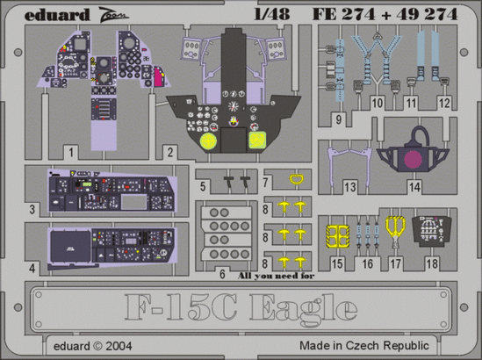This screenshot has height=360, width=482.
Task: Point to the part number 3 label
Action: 32,209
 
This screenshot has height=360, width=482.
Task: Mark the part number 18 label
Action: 433,263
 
